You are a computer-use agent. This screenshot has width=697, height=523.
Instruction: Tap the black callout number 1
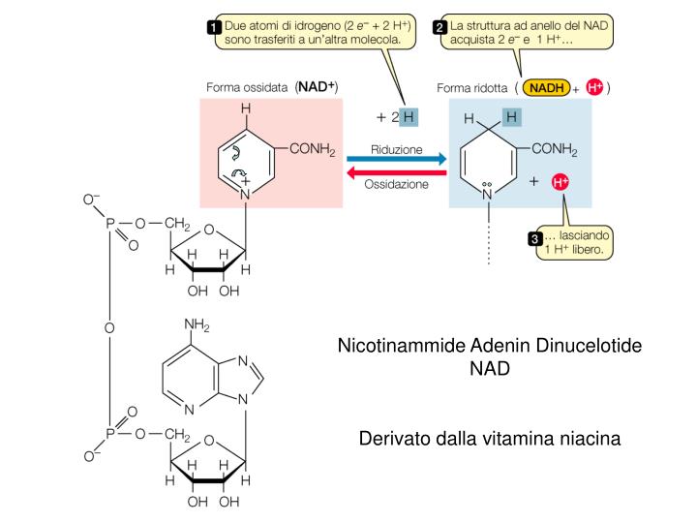[214, 27]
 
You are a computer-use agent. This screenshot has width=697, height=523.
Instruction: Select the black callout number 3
[532, 239]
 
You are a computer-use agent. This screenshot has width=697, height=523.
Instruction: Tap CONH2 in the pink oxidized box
[310, 149]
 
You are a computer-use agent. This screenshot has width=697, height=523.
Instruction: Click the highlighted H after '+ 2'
[409, 116]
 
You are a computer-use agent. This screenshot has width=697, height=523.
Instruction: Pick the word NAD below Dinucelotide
[489, 369]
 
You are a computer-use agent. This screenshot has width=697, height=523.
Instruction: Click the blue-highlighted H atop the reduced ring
[512, 118]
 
